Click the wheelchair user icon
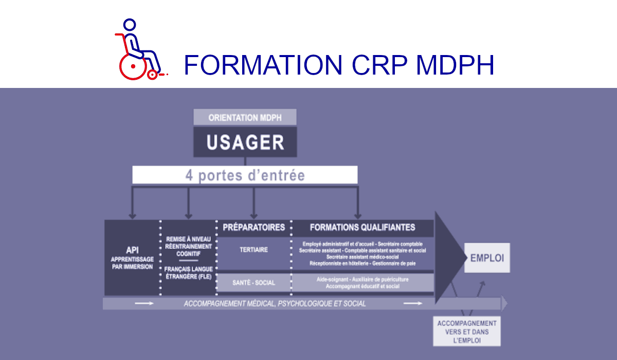(138, 50)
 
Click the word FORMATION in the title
(263, 65)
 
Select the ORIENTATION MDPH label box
(245, 117)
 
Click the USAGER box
(245, 142)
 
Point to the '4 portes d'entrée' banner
(245, 175)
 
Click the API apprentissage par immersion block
(132, 258)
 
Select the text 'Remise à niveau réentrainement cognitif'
(189, 246)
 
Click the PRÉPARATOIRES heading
(253, 227)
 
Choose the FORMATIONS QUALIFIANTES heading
(362, 227)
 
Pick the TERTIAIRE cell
(253, 250)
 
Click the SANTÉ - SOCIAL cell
(253, 283)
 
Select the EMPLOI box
(487, 257)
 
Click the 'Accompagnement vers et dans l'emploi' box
(467, 332)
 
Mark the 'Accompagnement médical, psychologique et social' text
(275, 303)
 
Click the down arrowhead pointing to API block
(132, 215)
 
